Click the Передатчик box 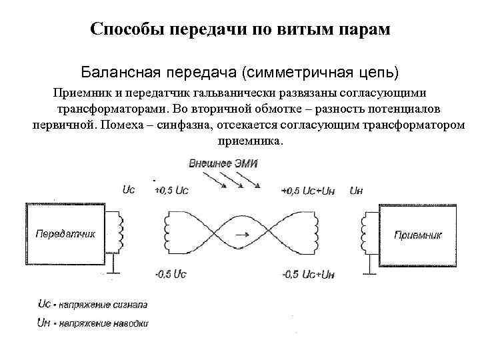64,234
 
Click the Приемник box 419,234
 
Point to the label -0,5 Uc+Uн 308,275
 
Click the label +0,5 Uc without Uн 171,191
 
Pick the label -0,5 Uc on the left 171,275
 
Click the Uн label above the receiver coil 356,191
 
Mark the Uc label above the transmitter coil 129,190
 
